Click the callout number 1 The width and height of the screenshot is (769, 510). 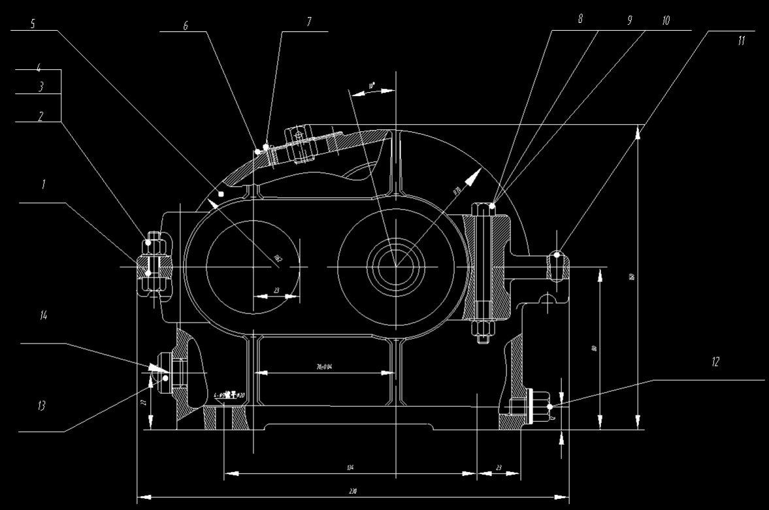[44, 185]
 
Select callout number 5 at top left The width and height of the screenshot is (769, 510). [33, 22]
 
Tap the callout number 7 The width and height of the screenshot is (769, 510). [309, 22]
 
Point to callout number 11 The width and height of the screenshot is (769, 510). [741, 40]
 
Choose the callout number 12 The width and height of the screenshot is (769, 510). [715, 362]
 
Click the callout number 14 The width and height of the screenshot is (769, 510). [44, 315]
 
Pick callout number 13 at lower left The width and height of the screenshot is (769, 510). [42, 406]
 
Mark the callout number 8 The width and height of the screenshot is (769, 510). [580, 20]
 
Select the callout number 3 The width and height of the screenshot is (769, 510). [41, 86]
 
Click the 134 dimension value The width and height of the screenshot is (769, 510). [350, 468]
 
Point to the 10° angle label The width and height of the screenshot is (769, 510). [371, 86]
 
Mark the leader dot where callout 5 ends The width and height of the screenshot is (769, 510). [221, 193]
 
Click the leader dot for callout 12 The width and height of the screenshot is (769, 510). [550, 407]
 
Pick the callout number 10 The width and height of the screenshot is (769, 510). [666, 21]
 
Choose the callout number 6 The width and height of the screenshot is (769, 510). [186, 26]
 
